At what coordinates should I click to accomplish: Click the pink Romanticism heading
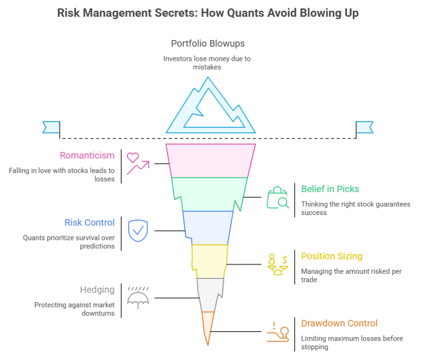pos(87,155)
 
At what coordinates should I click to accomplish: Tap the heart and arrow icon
pos(137,163)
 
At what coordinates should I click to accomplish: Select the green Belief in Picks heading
pos(330,189)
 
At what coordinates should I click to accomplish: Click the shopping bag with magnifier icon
pos(277,197)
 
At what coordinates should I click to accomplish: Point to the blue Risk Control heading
pos(89,223)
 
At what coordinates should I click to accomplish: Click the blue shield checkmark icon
pos(137,231)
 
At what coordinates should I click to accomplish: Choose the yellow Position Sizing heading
pos(332,256)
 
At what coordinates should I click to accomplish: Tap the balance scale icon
pos(277,264)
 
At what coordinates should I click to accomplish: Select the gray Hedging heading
pos(97,290)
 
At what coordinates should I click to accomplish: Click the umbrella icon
pos(137,298)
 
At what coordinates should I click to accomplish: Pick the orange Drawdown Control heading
pos(339,323)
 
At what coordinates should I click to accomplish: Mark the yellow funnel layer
pos(209,261)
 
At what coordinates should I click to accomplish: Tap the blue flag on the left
pos(51,127)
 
